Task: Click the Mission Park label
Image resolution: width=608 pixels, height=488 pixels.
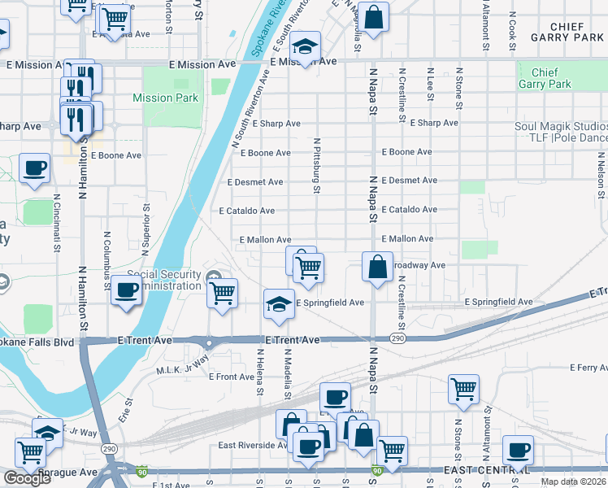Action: (165, 98)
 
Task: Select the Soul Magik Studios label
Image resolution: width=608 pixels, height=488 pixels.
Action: (561, 127)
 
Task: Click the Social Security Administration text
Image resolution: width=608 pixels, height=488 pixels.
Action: (163, 280)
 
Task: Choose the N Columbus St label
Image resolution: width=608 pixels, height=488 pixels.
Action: (106, 260)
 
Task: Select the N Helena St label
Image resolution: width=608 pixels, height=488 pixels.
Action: (260, 374)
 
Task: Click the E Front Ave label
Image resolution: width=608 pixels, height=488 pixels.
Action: (232, 377)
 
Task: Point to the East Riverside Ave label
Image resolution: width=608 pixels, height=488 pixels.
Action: (253, 445)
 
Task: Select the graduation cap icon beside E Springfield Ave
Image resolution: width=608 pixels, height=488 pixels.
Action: (279, 303)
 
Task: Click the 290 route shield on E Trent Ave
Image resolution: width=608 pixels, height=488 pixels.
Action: (397, 338)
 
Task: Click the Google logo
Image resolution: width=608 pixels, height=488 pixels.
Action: (27, 477)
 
